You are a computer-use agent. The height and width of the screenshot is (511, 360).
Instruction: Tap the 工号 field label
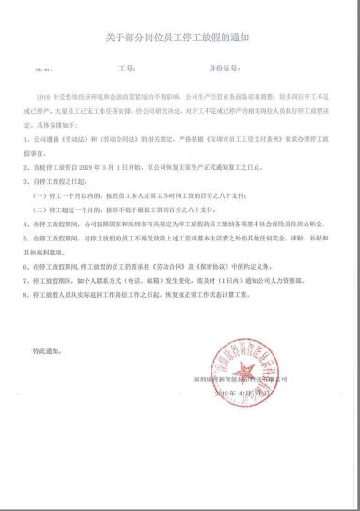(x=127, y=68)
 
